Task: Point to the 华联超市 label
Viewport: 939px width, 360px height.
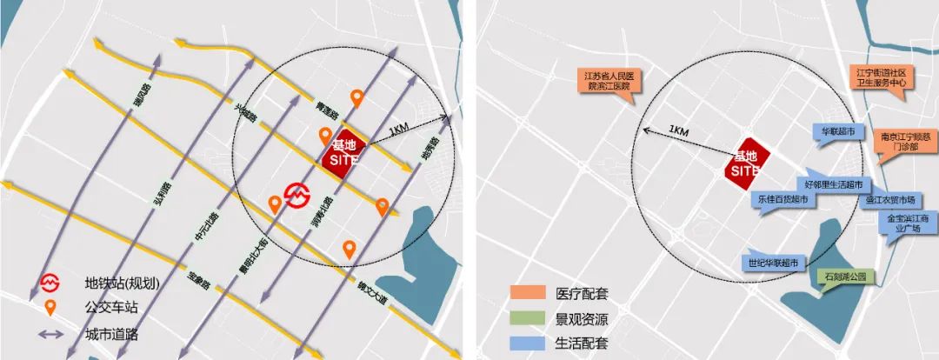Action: tap(838, 133)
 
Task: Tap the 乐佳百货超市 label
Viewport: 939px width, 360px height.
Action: tap(782, 199)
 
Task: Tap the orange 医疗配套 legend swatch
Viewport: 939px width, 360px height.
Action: tap(525, 292)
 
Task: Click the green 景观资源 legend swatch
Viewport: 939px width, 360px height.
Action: tap(525, 317)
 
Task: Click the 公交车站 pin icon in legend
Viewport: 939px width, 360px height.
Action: tap(52, 306)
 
